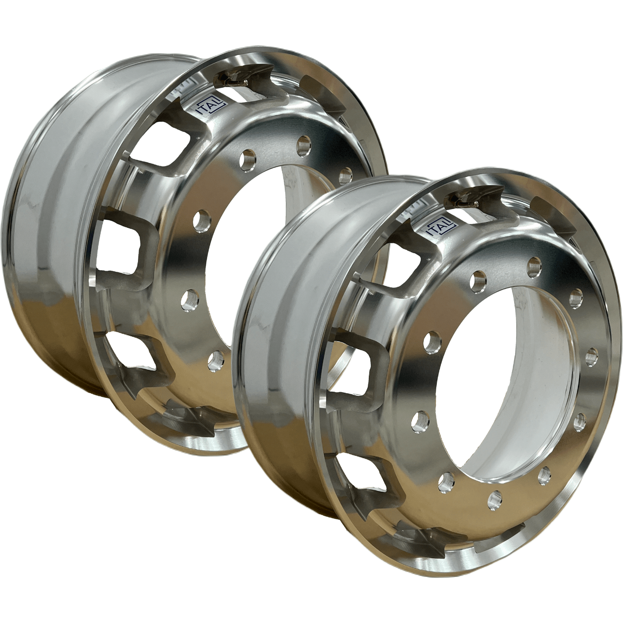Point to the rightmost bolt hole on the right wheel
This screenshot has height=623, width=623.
coord(591,356)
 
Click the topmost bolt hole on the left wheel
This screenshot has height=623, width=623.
coord(304,141)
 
